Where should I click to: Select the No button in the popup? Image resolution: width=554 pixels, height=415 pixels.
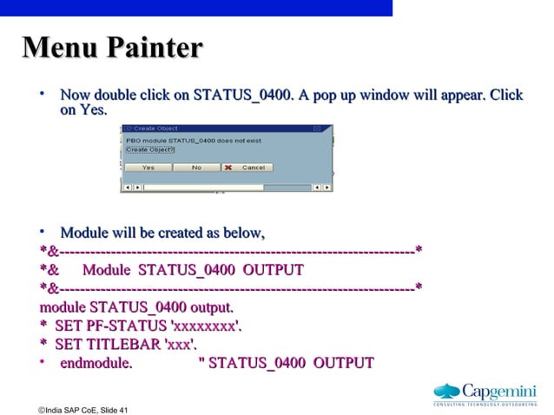tap(196, 168)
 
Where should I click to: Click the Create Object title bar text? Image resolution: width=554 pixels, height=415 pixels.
tap(155, 128)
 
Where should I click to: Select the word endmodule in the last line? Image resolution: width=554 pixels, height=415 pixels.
tap(96, 363)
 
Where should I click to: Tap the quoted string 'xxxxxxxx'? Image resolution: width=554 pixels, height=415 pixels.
tap(208, 326)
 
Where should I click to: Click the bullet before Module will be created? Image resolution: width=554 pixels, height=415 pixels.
tap(42, 233)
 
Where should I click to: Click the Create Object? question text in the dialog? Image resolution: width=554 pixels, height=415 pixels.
tap(150, 149)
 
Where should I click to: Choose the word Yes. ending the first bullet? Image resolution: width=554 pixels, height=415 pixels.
tap(94, 110)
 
